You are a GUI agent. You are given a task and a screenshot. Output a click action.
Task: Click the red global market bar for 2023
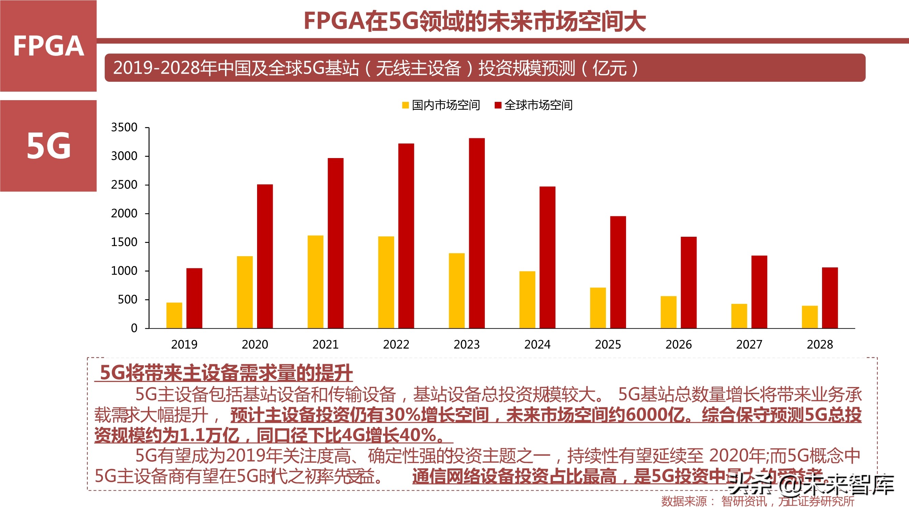[477, 233]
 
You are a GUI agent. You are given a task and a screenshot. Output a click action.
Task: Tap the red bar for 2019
[194, 298]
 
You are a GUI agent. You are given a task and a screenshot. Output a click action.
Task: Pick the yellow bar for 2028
[809, 317]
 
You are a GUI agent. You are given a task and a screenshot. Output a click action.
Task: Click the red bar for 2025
[618, 272]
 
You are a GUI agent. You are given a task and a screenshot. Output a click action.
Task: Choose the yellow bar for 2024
[527, 299]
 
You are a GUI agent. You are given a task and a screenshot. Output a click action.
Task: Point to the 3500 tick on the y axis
[124, 127]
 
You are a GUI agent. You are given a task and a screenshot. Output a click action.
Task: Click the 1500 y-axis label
[124, 242]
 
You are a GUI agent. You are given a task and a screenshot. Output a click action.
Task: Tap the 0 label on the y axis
[134, 328]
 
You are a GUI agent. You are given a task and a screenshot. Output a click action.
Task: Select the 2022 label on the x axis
[396, 344]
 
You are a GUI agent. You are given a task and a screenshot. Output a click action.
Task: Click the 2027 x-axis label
[749, 344]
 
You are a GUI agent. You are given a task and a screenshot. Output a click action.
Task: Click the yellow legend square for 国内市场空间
[405, 105]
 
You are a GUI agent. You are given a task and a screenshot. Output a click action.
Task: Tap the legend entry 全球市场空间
[538, 105]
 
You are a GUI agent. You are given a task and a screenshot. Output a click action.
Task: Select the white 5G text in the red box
[48, 146]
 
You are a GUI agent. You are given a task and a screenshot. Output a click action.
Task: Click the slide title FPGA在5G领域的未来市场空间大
[475, 21]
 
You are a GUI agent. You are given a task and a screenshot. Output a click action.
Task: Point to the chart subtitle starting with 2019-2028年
[375, 68]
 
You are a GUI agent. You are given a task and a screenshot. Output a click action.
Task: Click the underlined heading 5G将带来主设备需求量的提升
[226, 373]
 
